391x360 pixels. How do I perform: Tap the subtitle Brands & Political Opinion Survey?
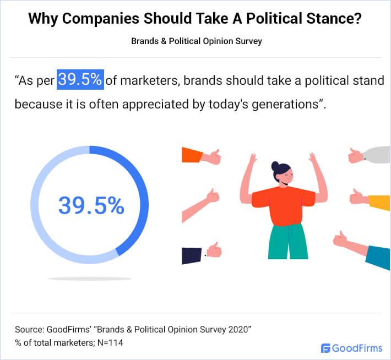click(196, 41)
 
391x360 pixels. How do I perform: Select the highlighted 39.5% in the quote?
click(80, 80)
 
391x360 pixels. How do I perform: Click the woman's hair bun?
click(275, 164)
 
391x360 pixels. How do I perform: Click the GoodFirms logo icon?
click(325, 348)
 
